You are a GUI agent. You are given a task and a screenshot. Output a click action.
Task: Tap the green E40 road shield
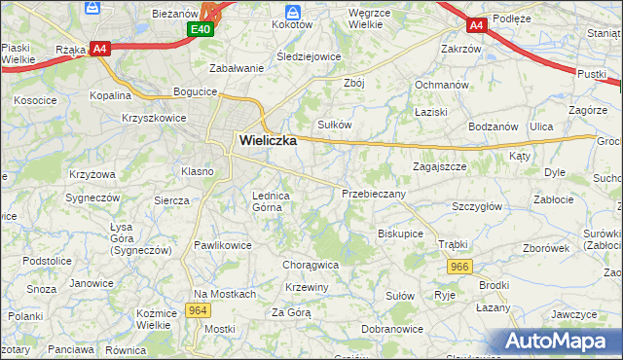point(201,30)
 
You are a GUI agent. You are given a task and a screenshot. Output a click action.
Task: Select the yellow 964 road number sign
point(198,310)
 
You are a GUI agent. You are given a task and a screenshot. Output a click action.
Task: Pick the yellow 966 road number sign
point(460,266)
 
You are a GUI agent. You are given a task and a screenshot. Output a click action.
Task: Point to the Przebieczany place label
point(373,194)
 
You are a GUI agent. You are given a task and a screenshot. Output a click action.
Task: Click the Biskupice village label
point(400,234)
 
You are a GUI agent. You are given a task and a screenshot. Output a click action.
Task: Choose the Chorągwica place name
point(310,264)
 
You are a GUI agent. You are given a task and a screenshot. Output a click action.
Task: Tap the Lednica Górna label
point(272,200)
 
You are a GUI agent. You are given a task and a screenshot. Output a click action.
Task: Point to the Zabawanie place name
point(237,68)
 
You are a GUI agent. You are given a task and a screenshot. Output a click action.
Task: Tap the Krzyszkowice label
point(154,117)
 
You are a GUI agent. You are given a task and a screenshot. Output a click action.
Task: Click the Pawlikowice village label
point(223,245)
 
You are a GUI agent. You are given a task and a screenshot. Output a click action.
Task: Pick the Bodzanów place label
point(493,127)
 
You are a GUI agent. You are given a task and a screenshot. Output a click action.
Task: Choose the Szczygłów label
point(477,206)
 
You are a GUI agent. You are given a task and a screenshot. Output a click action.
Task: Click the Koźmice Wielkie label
point(160,317)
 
